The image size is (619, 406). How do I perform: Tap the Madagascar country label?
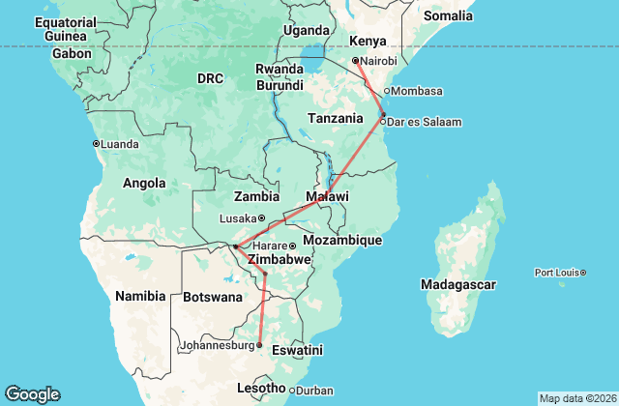click(458, 284)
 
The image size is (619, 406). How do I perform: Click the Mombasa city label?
click(418, 92)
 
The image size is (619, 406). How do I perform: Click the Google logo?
click(32, 393)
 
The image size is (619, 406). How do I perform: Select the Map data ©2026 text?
click(576, 398)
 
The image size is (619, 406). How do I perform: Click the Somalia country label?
click(447, 15)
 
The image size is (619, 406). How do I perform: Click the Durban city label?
click(314, 390)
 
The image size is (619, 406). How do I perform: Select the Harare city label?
click(272, 246)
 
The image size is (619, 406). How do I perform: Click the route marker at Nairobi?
click(356, 60)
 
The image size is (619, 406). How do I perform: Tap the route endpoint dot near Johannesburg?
click(258, 344)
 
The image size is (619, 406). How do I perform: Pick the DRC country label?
click(210, 77)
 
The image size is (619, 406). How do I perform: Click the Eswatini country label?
click(297, 350)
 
